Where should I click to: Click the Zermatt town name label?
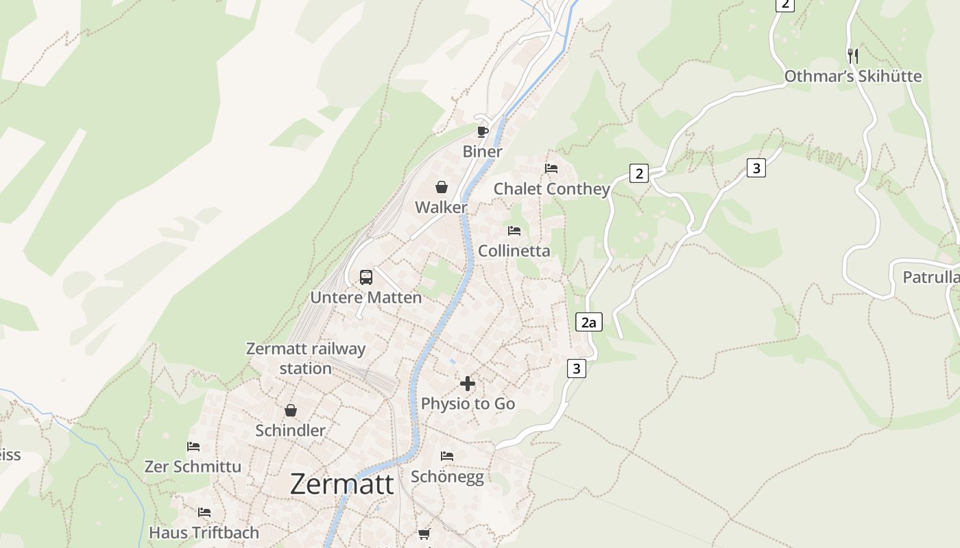(341, 484)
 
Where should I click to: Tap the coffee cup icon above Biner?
(483, 132)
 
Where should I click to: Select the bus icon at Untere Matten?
(366, 277)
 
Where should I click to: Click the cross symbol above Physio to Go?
(468, 384)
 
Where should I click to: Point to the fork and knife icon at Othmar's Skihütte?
(852, 55)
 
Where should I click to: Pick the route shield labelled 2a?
(588, 322)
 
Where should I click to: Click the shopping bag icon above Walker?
(442, 187)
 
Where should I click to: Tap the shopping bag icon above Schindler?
(291, 410)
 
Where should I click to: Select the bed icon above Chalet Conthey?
(551, 169)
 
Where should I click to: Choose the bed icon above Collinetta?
(514, 231)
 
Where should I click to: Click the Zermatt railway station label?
(306, 358)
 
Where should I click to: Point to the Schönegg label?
(447, 477)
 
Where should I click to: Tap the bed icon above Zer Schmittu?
(193, 447)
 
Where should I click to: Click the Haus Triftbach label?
(204, 532)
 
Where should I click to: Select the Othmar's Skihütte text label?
(852, 76)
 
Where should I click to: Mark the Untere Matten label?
(366, 297)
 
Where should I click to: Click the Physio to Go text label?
(468, 403)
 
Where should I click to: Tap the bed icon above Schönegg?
(447, 456)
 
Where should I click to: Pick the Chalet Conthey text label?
(551, 189)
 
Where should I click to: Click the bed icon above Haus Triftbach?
(204, 512)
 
